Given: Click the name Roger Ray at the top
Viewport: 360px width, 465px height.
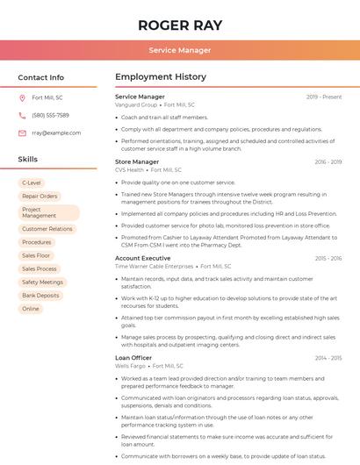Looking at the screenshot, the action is click(180, 25).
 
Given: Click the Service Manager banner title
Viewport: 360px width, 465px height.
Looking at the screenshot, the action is click(180, 50).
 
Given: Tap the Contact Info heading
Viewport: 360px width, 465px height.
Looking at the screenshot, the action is click(40, 77).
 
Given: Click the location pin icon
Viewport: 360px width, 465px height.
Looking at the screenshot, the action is click(22, 98).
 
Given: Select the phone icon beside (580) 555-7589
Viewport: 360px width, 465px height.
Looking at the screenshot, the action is click(22, 115).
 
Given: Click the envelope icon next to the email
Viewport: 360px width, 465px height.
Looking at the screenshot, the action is click(22, 132).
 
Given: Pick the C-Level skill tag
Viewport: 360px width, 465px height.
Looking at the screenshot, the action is click(32, 182).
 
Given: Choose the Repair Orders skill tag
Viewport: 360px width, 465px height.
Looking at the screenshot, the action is click(40, 196).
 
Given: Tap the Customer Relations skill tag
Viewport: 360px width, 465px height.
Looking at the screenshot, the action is click(47, 229).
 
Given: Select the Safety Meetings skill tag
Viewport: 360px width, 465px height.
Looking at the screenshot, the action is click(42, 283).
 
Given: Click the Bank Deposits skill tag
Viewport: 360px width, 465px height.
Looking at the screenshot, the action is click(40, 296).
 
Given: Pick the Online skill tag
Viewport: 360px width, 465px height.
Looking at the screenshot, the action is click(31, 309).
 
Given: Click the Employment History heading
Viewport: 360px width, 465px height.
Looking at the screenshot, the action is click(161, 77).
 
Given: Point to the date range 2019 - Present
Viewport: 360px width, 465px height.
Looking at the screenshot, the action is click(324, 97).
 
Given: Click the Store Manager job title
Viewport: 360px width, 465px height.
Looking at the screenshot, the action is click(137, 162).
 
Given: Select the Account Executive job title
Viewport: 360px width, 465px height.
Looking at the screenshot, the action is click(142, 259).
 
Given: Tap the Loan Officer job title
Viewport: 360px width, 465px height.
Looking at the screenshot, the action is click(133, 358).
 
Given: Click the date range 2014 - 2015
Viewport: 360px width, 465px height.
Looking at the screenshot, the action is click(328, 358).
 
